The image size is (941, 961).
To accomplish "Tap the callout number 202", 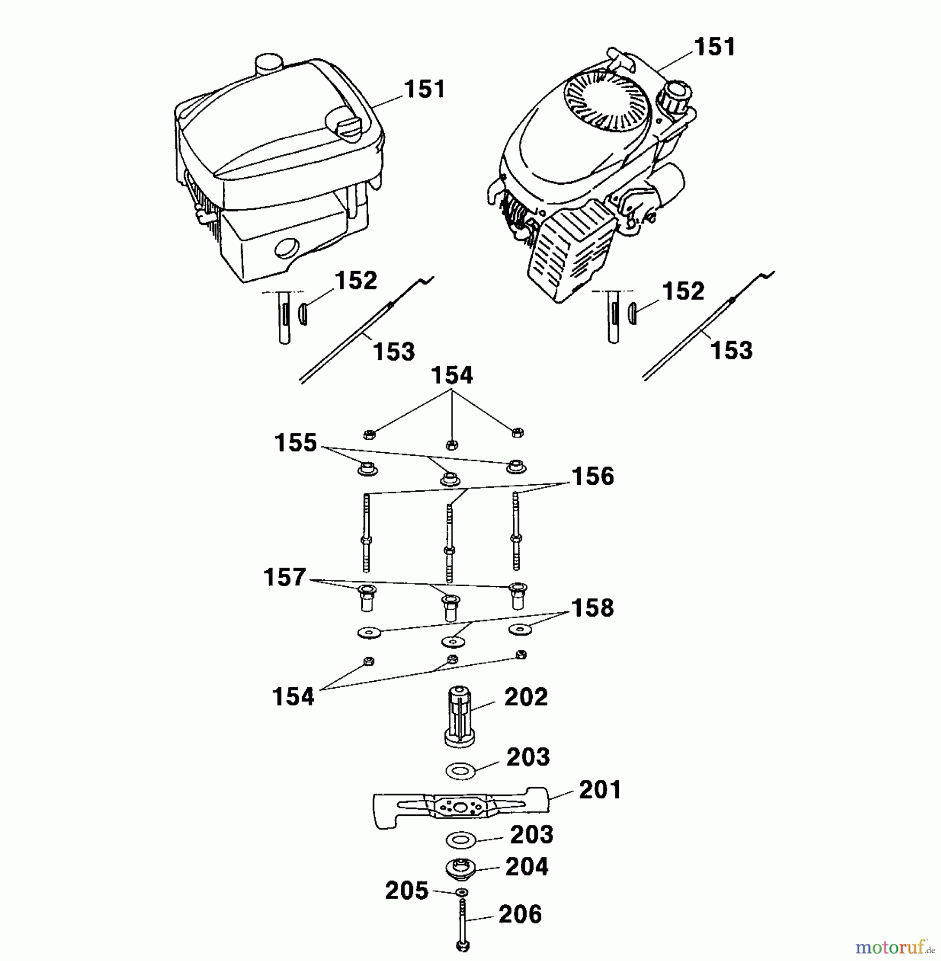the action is click(526, 697).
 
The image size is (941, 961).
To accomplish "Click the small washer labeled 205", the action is click(461, 892).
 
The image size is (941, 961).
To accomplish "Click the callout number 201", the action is click(600, 791).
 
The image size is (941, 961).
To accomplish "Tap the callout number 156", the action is click(593, 476).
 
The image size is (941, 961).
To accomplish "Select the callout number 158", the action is click(592, 608).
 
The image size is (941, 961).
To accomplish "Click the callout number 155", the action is click(295, 443).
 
